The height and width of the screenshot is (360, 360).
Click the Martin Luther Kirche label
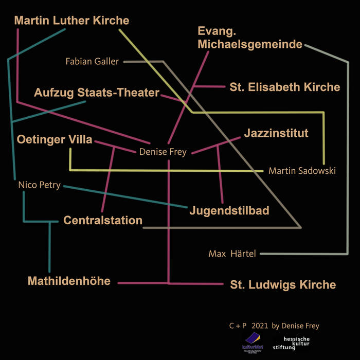click(71, 21)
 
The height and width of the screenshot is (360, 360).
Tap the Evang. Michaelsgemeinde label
click(249, 38)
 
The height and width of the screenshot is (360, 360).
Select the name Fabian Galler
click(92, 62)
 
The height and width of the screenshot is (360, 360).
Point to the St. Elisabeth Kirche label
click(284, 87)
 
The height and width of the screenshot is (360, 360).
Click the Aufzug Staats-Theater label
click(97, 93)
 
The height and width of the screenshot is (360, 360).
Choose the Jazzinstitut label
click(276, 134)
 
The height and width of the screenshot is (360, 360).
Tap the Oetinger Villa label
click(54, 140)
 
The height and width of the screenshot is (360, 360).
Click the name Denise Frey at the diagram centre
click(163, 152)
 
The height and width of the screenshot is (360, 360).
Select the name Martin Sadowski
click(302, 171)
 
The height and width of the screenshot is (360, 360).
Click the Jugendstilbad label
click(229, 210)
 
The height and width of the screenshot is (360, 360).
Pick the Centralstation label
click(103, 221)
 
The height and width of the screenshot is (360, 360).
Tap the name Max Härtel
click(232, 254)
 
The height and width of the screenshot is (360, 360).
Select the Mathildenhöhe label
click(69, 281)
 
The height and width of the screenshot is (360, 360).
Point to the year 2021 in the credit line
click(260, 326)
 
